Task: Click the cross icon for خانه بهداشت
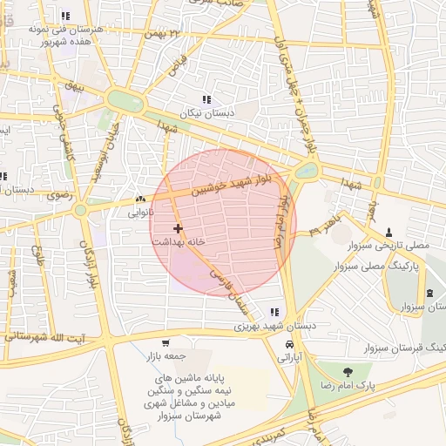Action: (x=179, y=228)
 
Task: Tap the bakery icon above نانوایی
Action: (x=141, y=199)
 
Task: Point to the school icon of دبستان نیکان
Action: (x=206, y=99)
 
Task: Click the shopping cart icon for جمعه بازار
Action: (x=166, y=342)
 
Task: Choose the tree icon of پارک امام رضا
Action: (x=348, y=372)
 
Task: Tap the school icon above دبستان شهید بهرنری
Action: (x=275, y=312)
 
